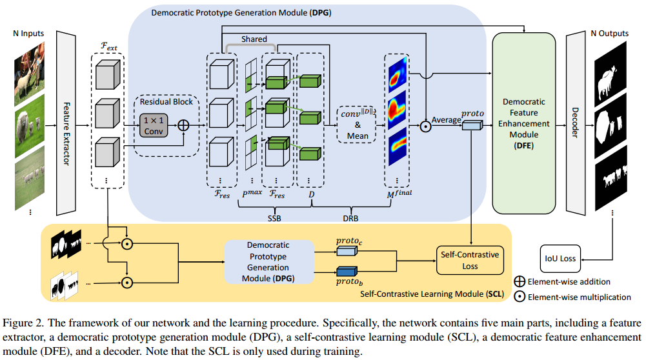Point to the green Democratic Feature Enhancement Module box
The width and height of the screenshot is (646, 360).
523,123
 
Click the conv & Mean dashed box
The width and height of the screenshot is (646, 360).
358,123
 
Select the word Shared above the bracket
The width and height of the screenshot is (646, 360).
254,39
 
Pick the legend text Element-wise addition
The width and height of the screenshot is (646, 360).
569,282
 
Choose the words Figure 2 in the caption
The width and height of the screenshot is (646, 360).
21,323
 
